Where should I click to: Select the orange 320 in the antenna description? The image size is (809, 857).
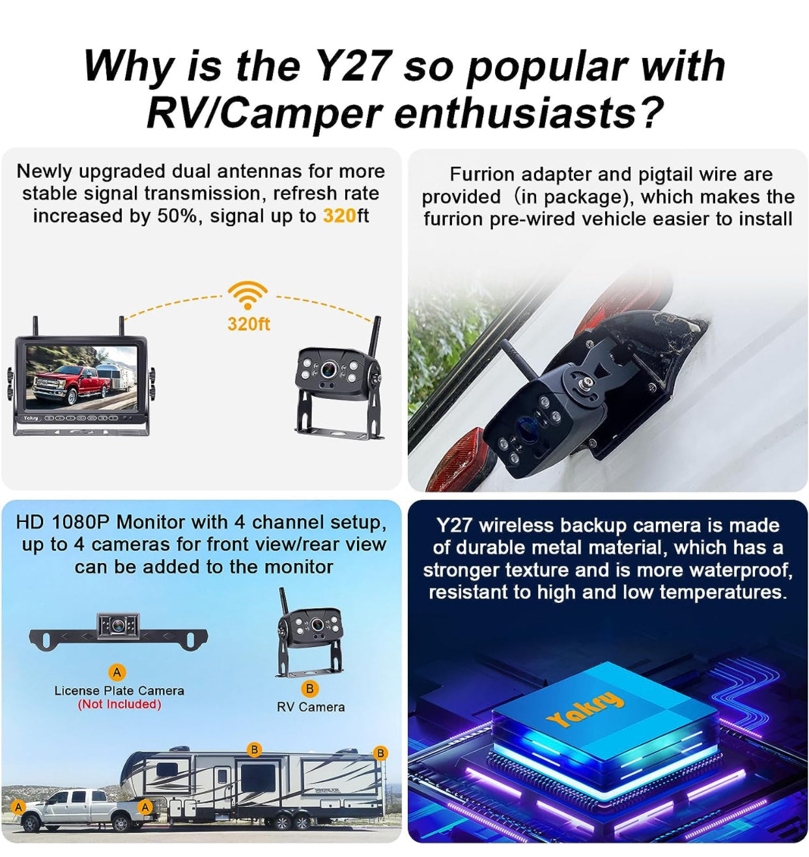339,216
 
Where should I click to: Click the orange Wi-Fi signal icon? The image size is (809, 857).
248,295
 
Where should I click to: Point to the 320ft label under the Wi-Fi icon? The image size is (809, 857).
249,324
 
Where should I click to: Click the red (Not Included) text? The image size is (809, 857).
119,704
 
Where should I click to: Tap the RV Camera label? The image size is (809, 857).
311,707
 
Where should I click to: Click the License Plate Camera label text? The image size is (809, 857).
119,690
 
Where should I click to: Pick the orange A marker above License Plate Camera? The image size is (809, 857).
117,672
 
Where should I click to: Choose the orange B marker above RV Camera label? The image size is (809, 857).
309,688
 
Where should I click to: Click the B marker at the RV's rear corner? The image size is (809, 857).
380,753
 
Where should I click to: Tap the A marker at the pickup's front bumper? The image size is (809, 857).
18,806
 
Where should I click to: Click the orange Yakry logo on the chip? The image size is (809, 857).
585,708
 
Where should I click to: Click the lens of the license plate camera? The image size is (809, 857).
118,625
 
